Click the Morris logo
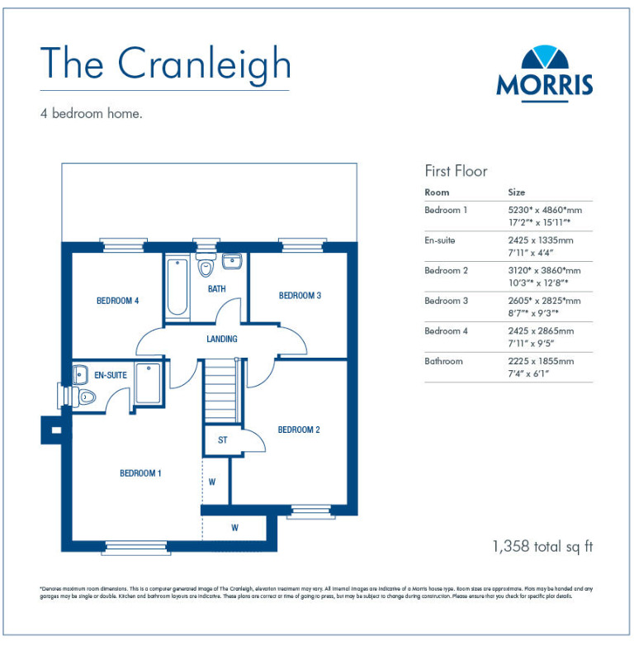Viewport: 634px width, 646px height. point(544,71)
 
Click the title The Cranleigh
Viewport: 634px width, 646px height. point(165,64)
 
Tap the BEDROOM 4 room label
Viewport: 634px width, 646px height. point(117,301)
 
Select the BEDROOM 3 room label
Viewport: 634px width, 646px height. point(300,296)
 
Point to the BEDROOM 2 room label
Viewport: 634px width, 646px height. point(299,430)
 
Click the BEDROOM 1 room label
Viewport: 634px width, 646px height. point(140,473)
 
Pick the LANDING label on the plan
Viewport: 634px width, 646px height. point(222,339)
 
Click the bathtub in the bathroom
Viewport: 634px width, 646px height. point(177,288)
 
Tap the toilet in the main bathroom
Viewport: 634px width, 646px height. point(206,266)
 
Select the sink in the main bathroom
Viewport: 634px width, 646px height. point(232,262)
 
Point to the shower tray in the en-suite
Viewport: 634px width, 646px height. point(149,383)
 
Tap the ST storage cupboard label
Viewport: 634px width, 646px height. point(222,440)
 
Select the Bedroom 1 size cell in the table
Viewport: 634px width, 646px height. point(544,216)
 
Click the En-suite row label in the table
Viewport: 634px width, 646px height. point(439,240)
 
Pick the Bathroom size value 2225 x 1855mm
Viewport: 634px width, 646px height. point(541,361)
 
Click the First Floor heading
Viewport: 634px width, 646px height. point(456,171)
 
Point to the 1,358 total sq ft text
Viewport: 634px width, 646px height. point(542,546)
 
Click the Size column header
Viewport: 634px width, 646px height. point(516,192)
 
